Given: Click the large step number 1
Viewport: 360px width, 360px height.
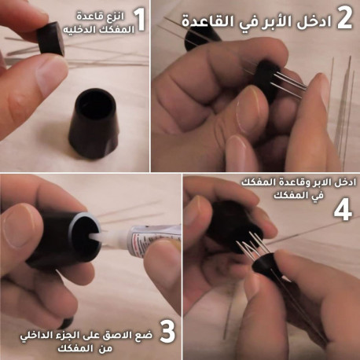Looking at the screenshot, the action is pyautogui.click(x=140, y=20).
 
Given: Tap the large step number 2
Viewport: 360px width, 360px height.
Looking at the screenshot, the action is pyautogui.click(x=344, y=17).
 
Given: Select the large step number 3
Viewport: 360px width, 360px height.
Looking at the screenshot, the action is pyautogui.click(x=167, y=332).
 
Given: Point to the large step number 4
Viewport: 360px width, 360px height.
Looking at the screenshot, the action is pyautogui.click(x=343, y=210).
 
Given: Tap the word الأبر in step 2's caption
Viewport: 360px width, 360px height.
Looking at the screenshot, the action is pyautogui.click(x=278, y=21).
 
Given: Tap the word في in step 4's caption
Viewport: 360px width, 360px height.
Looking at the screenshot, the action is pyautogui.click(x=318, y=195).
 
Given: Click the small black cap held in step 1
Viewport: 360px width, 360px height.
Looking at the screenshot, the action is pyautogui.click(x=50, y=39).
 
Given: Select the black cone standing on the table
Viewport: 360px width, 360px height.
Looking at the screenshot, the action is pyautogui.click(x=94, y=124).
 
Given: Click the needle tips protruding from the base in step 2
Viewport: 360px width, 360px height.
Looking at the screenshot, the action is pyautogui.click(x=289, y=83).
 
